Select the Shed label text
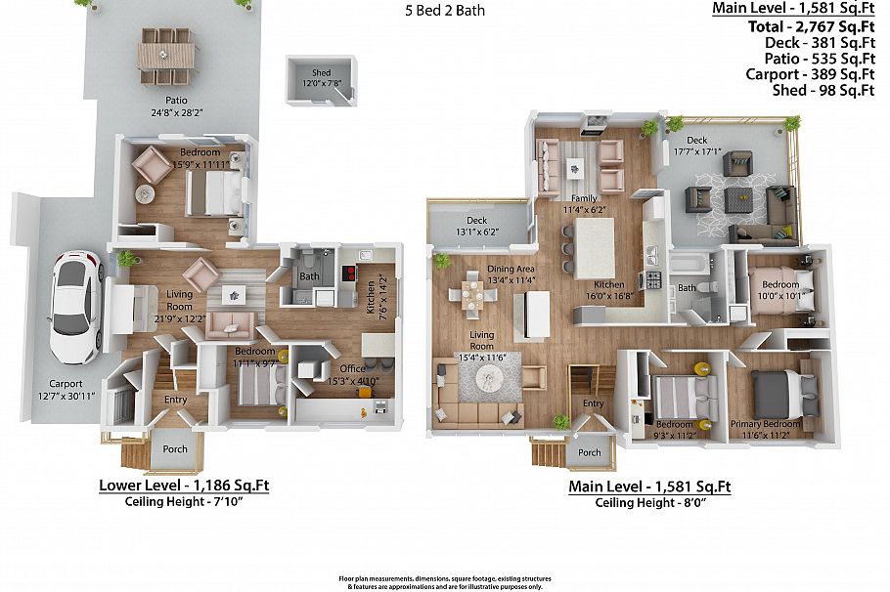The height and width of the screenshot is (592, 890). point(321,78)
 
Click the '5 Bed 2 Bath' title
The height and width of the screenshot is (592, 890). point(445,12)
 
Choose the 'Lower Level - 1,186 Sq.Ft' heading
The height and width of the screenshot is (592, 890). point(184,486)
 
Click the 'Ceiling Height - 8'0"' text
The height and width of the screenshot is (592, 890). point(649,503)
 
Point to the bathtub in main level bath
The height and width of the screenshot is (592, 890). point(691,265)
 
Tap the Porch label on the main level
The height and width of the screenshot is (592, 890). point(589,452)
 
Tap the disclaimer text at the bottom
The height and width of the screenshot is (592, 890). point(445,581)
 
